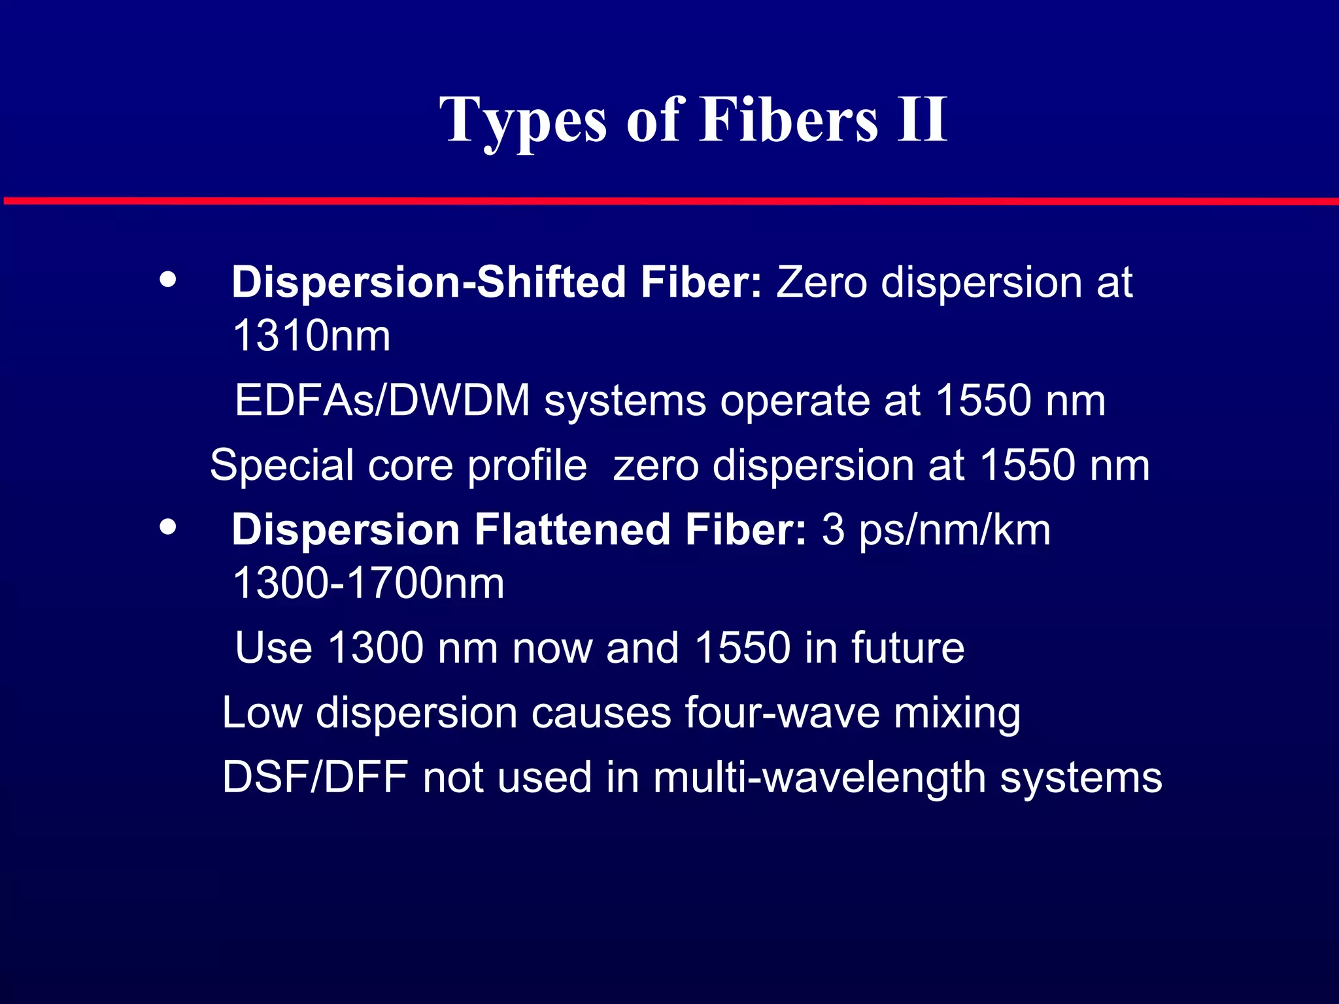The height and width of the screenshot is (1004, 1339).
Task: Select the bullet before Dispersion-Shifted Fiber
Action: [168, 279]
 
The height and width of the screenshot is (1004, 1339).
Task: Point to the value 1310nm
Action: [311, 336]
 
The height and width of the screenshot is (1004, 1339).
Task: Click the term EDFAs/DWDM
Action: [382, 400]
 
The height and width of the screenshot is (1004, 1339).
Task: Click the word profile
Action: [527, 465]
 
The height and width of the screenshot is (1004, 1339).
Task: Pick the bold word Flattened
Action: [572, 529]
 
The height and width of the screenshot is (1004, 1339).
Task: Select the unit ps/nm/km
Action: [955, 529]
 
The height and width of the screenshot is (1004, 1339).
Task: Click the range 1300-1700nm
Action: [368, 583]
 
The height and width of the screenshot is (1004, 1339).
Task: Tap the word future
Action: [907, 648]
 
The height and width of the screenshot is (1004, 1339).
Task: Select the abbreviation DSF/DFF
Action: [315, 777]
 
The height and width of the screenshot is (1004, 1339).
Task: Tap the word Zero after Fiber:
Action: [821, 282]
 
